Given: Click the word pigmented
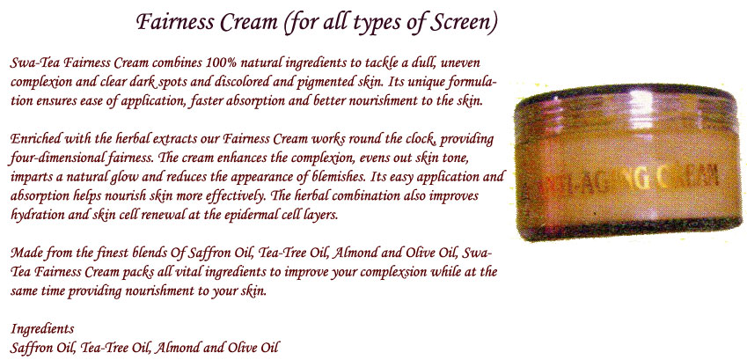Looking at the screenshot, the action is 323,83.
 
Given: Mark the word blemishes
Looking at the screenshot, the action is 312,177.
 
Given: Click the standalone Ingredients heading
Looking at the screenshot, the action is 42,330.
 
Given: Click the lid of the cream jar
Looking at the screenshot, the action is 630,98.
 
